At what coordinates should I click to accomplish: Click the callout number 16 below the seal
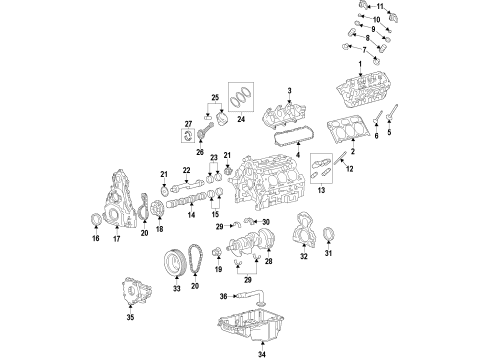pyautogui.click(x=94, y=240)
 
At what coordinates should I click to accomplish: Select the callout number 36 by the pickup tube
pyautogui.click(x=225, y=295)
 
